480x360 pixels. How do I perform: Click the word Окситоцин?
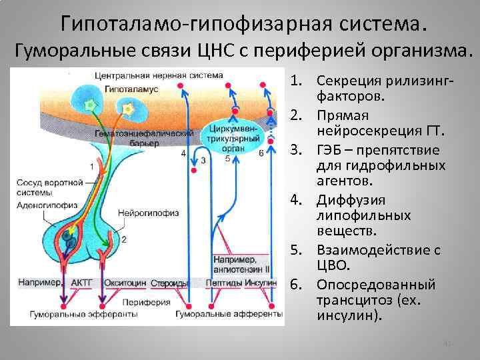125,283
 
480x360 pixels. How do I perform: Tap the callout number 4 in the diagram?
183,154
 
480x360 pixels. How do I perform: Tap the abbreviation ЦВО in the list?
330,265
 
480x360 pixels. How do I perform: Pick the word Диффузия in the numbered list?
345,200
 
